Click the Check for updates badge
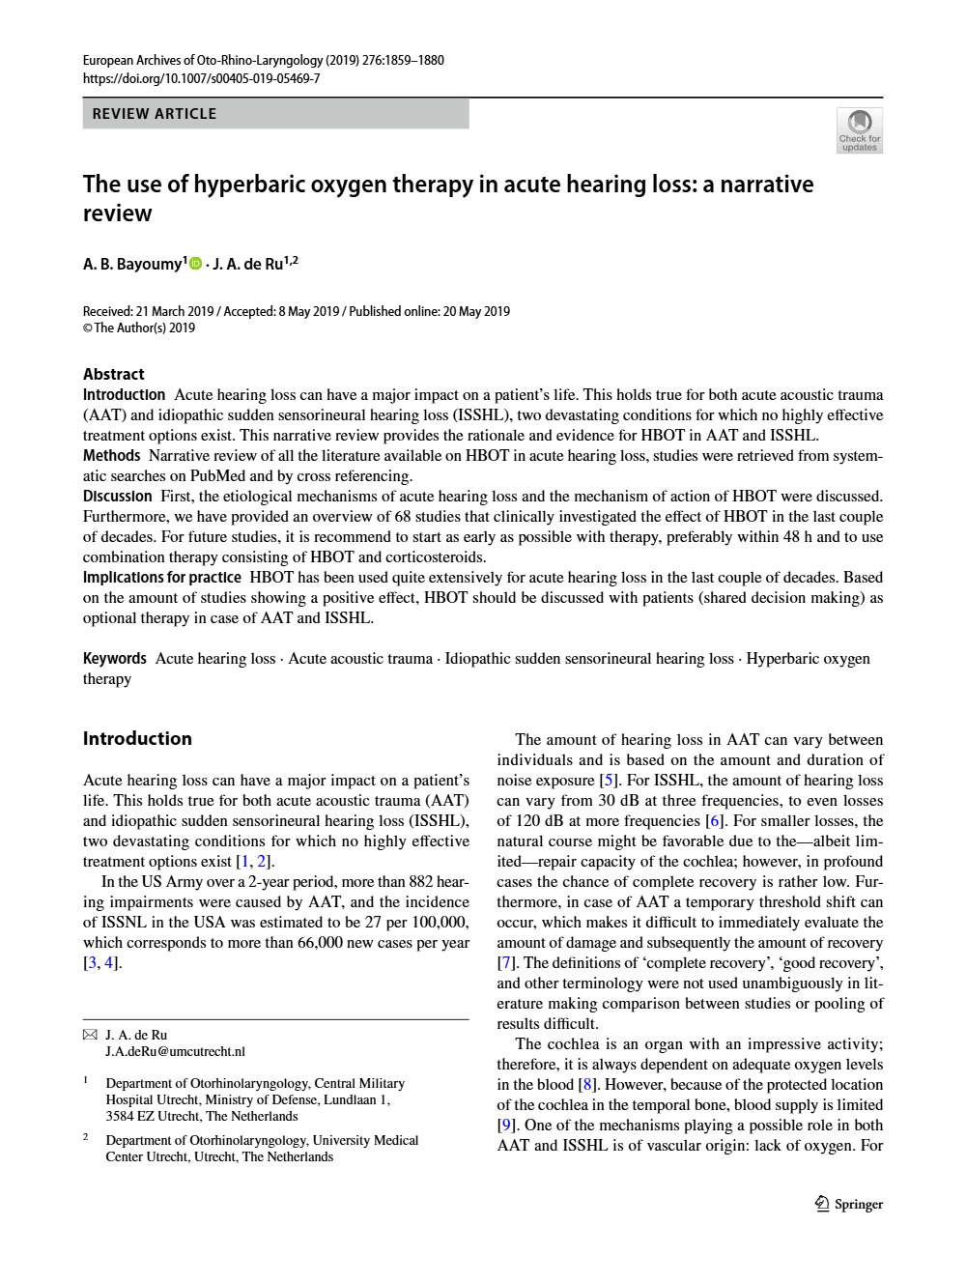[x=859, y=130]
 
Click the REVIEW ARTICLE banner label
[x=155, y=114]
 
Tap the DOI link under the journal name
[x=201, y=78]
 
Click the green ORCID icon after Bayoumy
[x=196, y=264]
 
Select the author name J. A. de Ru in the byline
[x=248, y=264]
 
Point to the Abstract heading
[x=114, y=374]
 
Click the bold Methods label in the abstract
[x=111, y=455]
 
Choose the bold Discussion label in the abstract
[x=117, y=496]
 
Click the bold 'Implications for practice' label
[x=161, y=577]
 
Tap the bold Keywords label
[x=114, y=658]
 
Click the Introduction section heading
[x=137, y=738]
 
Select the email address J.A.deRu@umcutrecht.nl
[x=175, y=1051]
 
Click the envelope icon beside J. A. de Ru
[x=90, y=1035]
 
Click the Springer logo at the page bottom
[x=849, y=1204]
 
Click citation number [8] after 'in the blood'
[x=586, y=1084]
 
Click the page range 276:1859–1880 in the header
[x=403, y=60]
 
